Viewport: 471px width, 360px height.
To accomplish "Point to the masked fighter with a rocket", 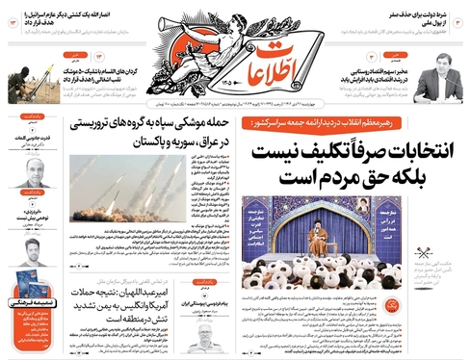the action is coord(34,78).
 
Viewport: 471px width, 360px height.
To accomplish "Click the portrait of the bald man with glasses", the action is coord(31,174).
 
